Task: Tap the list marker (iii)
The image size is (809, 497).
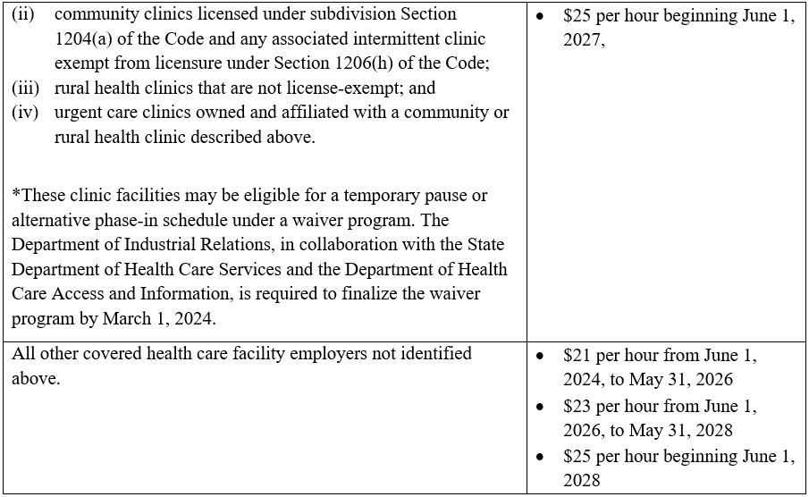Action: coord(24,88)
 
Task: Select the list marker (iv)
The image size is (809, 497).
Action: coord(24,113)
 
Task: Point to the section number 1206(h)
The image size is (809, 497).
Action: coord(357,63)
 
